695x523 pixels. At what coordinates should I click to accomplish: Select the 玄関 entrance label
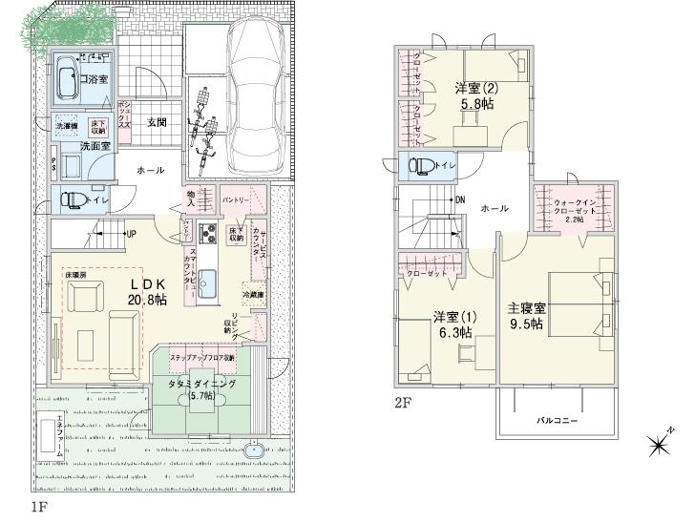tap(158, 122)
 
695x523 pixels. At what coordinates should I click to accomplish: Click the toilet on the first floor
tap(74, 200)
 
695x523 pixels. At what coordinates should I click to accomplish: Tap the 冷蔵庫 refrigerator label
tap(252, 295)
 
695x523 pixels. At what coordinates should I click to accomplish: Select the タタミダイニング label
tap(202, 385)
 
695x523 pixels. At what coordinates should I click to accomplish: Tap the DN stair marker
tap(459, 200)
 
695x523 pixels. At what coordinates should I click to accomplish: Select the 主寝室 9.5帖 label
tap(526, 316)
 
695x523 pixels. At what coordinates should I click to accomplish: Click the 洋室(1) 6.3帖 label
tap(453, 324)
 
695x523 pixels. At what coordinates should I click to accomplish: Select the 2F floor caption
tap(404, 403)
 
